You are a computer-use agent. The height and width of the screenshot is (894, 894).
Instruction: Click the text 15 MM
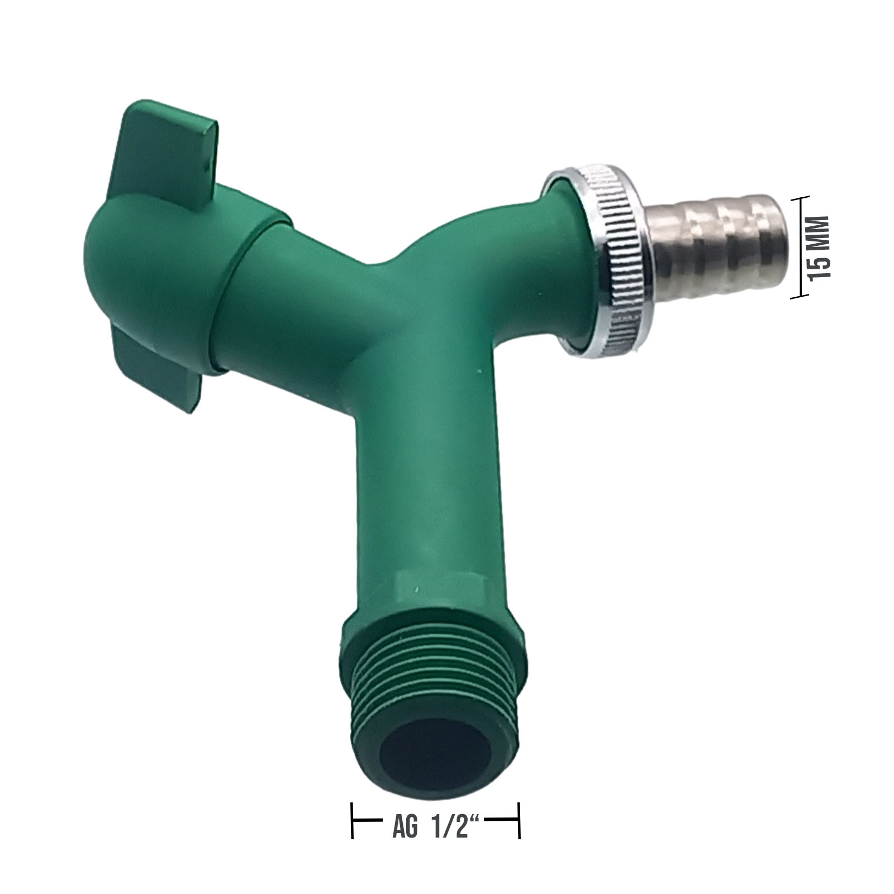(821, 248)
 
